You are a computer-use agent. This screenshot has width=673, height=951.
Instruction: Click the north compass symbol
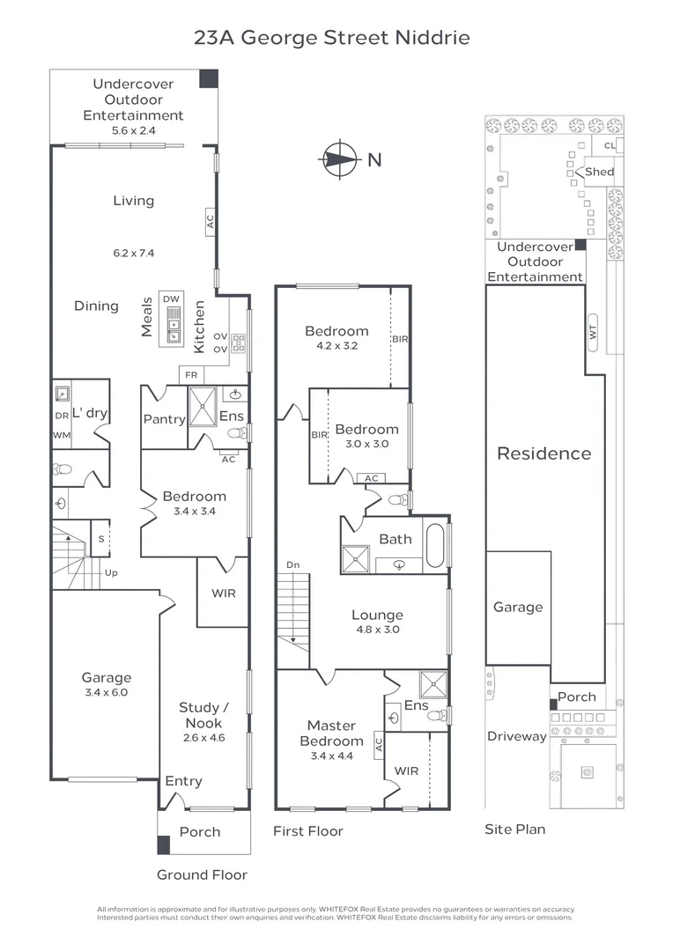(339, 159)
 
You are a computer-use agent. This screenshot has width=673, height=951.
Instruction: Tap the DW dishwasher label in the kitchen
(171, 299)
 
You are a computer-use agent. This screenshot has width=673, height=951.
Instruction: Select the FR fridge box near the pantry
(191, 375)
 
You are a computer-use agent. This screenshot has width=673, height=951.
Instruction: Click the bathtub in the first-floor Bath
(435, 545)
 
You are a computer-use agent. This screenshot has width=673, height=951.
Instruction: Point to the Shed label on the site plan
(599, 172)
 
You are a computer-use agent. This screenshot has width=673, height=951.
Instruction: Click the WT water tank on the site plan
(593, 332)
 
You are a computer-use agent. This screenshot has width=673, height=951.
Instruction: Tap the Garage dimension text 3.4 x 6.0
(107, 692)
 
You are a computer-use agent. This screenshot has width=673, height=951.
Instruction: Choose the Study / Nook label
(203, 715)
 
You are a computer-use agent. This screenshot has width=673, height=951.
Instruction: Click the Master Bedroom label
(331, 733)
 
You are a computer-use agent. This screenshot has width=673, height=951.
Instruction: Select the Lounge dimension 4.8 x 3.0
(378, 629)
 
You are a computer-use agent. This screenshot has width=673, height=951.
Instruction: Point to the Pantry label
(164, 419)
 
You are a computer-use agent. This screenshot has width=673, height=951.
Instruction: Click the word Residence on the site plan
(544, 453)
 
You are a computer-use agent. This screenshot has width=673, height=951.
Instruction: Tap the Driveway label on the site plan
(517, 736)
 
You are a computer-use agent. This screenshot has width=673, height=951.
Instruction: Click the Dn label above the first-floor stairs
(293, 564)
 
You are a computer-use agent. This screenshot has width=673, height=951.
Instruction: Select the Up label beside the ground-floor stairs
(111, 572)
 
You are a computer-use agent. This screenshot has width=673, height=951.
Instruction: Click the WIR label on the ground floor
(224, 593)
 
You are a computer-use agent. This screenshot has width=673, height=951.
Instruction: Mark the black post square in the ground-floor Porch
(163, 844)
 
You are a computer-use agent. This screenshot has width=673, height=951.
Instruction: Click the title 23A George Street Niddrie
(332, 38)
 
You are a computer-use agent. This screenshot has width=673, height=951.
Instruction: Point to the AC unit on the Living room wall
(210, 221)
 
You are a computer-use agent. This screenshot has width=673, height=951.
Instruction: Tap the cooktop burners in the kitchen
(238, 344)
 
